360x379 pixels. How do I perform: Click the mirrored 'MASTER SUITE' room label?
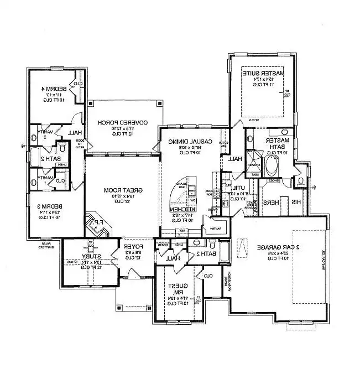coord(263,73)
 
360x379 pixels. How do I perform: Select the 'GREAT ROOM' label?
coord(123,190)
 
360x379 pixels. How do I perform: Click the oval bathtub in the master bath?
coord(273,165)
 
